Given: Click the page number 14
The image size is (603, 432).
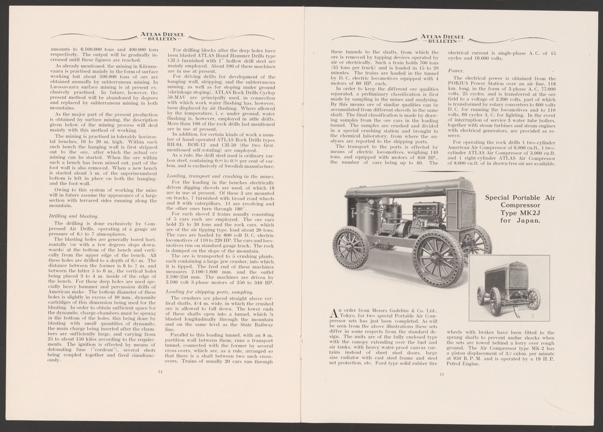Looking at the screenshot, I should coord(160,371).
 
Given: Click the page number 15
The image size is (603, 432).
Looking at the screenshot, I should coord(442,373).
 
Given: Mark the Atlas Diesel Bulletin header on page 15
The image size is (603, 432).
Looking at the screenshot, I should coord(443,38).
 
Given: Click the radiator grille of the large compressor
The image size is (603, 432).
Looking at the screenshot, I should coord(467,208).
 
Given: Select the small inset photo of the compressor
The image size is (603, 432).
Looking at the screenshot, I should coord(509,288).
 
